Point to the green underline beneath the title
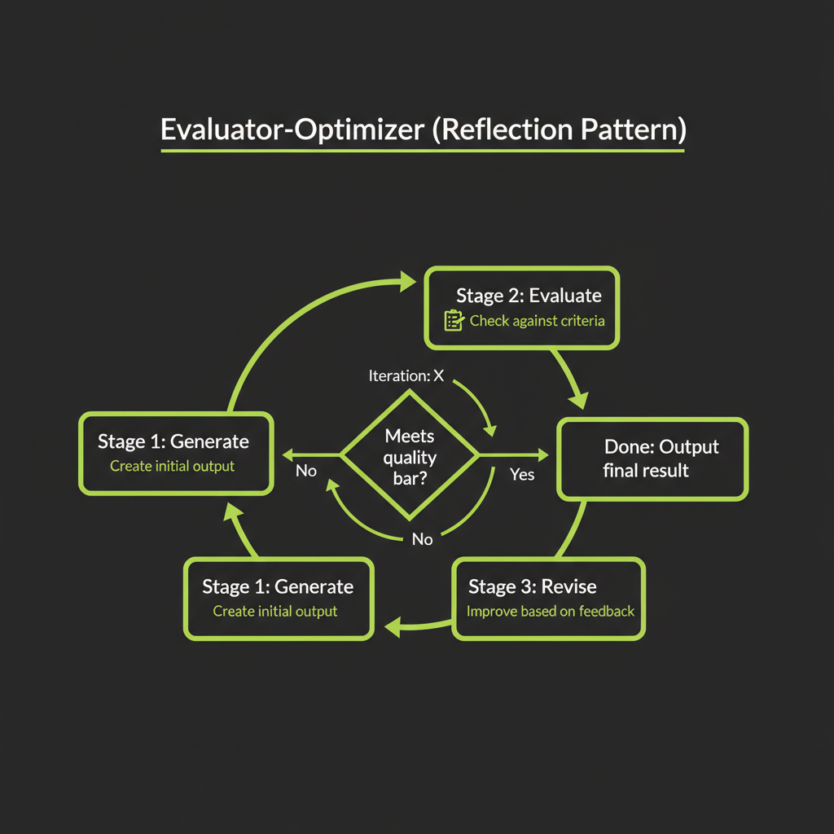tap(422, 151)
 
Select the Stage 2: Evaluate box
tap(521, 308)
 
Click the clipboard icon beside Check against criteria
tap(454, 320)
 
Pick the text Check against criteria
tap(538, 321)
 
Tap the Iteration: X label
tap(406, 375)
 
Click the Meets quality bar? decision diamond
tap(410, 457)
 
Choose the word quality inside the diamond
tap(410, 458)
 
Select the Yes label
tap(521, 474)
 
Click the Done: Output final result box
tap(652, 458)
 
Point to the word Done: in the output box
tap(630, 446)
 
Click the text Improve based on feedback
tap(551, 611)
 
